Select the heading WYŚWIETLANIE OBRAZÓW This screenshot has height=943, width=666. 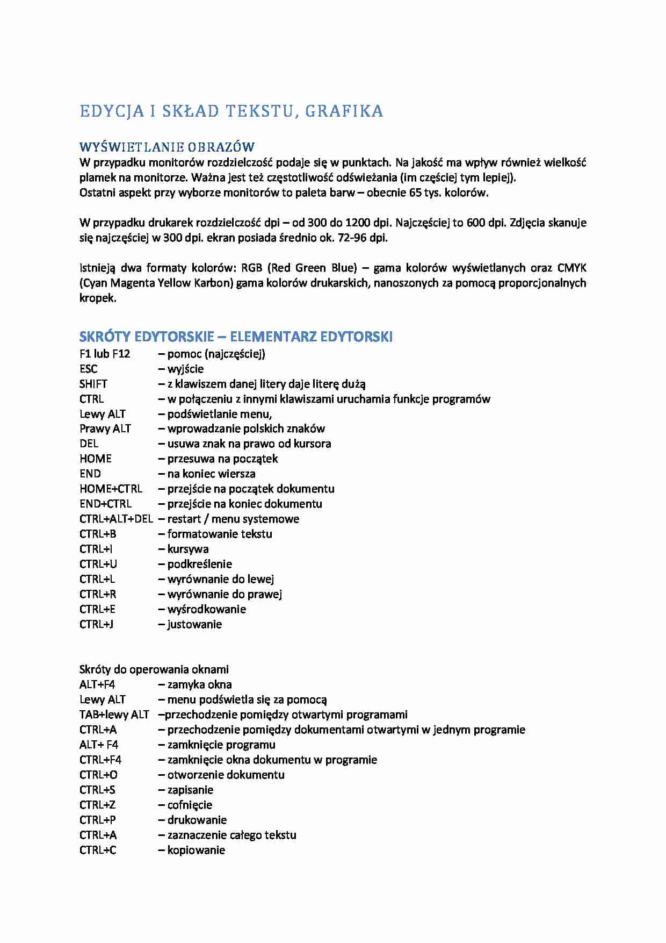[167, 147]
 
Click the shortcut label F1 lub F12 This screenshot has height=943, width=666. [105, 354]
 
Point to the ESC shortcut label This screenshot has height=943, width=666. [89, 369]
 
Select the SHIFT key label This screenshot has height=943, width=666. [93, 384]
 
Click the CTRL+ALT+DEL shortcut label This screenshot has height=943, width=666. [116, 519]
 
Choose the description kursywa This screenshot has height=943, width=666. [188, 549]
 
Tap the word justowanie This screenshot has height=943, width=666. [194, 625]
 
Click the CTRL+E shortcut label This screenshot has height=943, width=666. [97, 610]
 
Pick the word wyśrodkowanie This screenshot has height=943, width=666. [207, 610]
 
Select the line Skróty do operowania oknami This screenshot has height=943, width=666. [154, 670]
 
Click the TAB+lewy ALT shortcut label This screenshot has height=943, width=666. [114, 715]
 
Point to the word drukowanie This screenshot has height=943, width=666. [197, 820]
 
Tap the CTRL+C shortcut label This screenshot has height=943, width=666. [98, 851]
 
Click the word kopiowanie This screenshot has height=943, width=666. [196, 851]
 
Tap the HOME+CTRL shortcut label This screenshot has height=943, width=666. [111, 489]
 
